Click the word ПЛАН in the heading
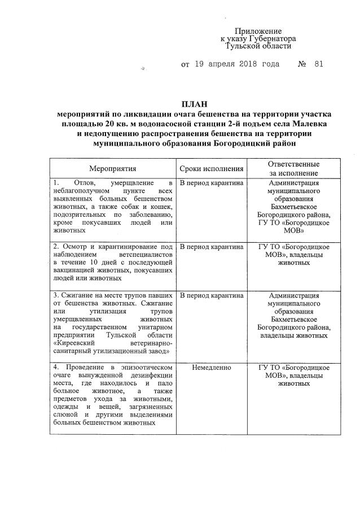click(194, 103)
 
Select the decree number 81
click(318, 64)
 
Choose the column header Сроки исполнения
click(212, 169)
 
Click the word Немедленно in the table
click(212, 367)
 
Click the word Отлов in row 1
click(85, 184)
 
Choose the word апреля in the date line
click(213, 64)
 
